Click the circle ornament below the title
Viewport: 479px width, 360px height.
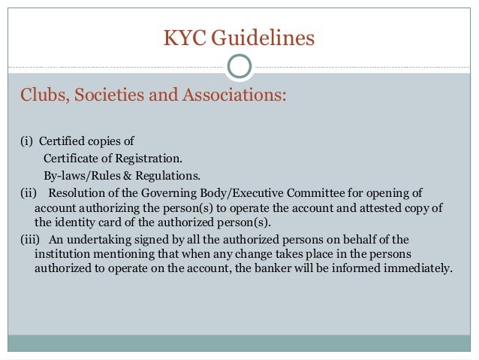[239, 66]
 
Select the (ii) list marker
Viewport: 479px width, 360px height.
[27, 192]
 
